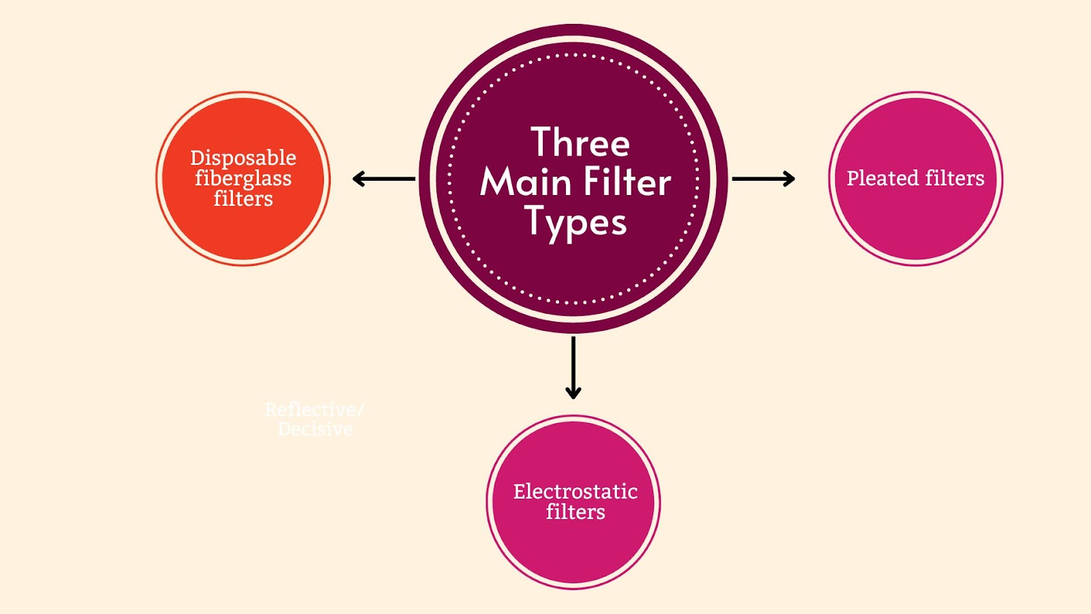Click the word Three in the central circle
(580, 143)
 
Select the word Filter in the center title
(627, 182)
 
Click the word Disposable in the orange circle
(243, 158)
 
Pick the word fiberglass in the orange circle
(243, 179)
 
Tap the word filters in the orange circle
(243, 199)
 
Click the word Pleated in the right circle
(883, 178)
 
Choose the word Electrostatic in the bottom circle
(576, 491)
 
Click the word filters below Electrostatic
(576, 512)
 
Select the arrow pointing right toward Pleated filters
(763, 179)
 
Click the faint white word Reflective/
(314, 409)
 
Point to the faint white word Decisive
(315, 429)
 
